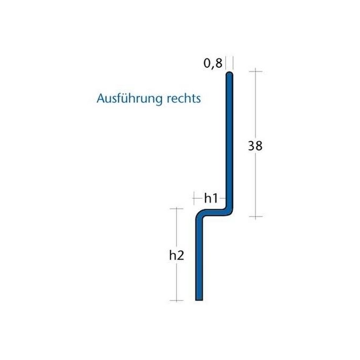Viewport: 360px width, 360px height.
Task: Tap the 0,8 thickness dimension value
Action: click(x=212, y=64)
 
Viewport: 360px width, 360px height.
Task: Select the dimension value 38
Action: click(x=255, y=146)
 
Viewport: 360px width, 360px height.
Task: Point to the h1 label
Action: click(x=211, y=198)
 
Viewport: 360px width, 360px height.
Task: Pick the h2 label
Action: click(x=176, y=255)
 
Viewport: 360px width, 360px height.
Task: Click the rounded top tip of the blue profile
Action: click(x=229, y=75)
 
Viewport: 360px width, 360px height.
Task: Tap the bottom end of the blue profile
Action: click(x=199, y=299)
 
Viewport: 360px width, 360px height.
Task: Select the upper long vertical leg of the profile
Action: click(x=229, y=142)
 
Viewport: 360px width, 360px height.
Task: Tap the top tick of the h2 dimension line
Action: click(x=176, y=209)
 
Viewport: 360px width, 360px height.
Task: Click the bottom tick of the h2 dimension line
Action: click(x=176, y=301)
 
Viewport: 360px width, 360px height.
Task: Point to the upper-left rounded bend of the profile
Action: click(x=201, y=215)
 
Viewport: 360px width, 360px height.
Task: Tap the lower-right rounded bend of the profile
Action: click(x=229, y=211)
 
